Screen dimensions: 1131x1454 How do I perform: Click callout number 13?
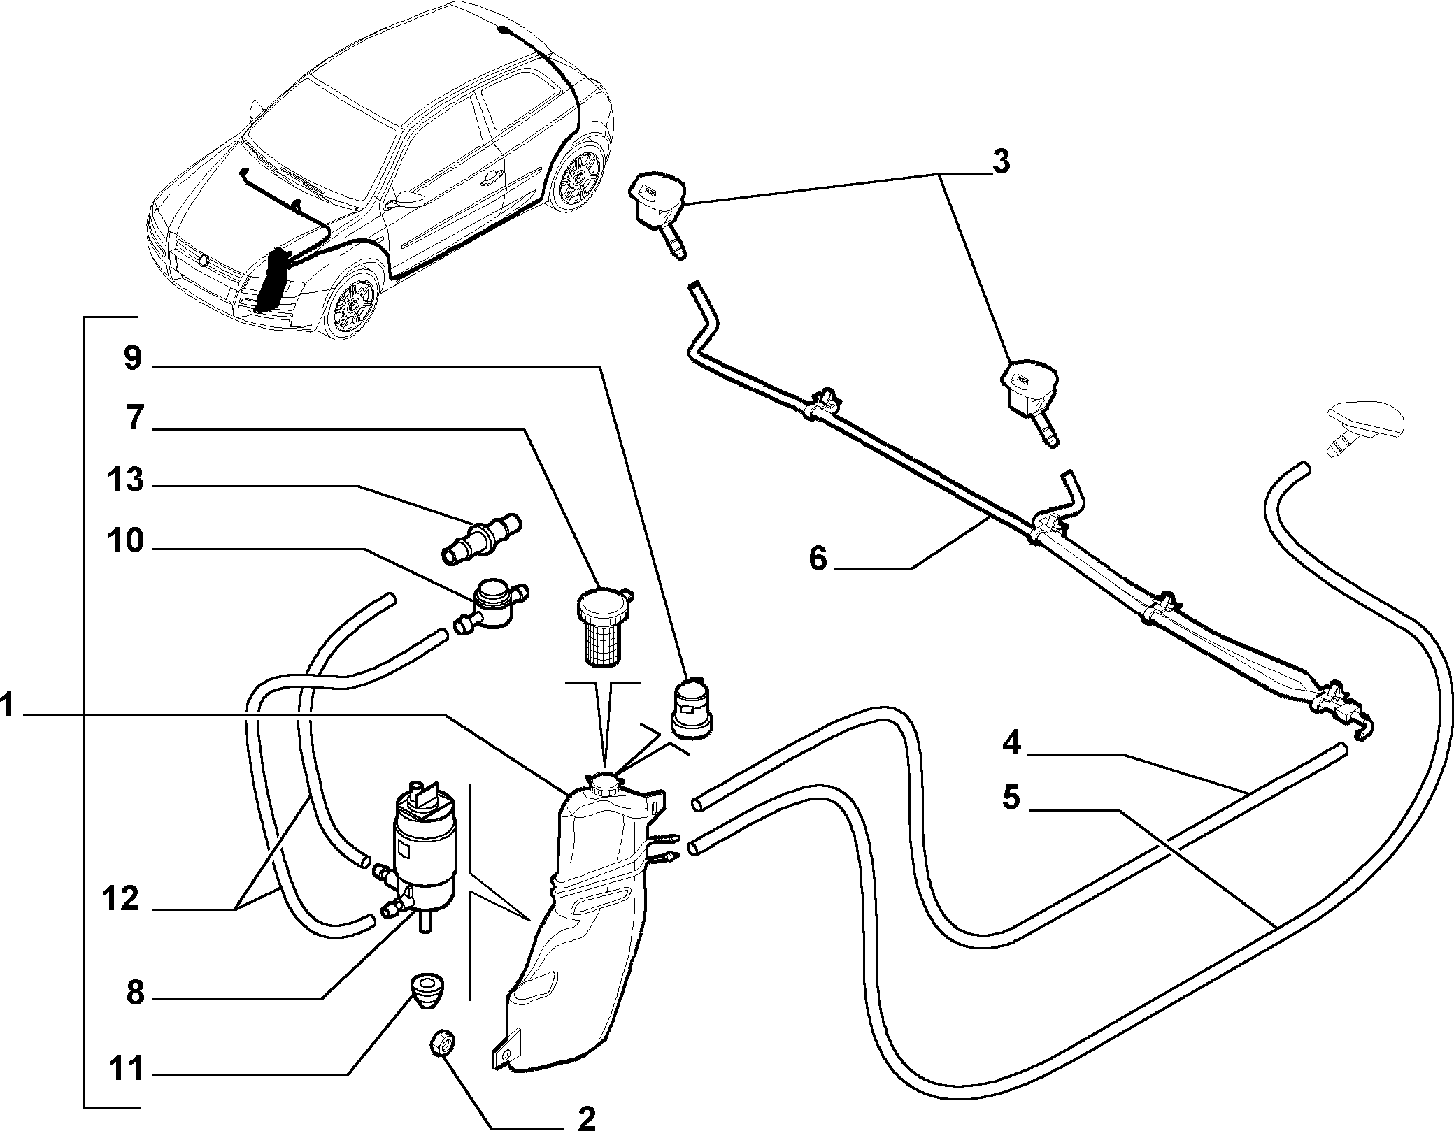click(x=125, y=482)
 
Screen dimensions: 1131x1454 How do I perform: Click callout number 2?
click(x=585, y=1118)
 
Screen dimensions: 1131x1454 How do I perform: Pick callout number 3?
click(x=1001, y=163)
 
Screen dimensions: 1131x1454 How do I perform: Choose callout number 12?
click(x=121, y=900)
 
